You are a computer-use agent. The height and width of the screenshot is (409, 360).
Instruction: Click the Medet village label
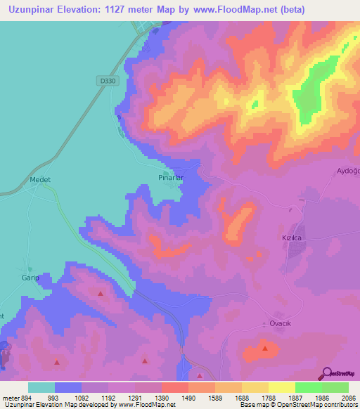[x=40, y=179]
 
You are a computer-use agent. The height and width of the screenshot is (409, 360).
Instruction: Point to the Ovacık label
[x=281, y=323]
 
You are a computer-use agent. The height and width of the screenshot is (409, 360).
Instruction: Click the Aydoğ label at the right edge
[x=348, y=171]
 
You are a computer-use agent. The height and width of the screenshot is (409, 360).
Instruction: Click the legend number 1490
[x=189, y=398]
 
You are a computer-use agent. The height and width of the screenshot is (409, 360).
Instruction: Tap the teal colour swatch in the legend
[x=41, y=387]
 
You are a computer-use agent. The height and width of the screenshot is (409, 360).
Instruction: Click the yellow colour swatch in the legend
[x=281, y=387]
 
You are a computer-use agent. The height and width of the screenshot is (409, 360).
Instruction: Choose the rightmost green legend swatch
[x=335, y=387]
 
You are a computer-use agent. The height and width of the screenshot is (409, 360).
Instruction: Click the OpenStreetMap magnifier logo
[x=326, y=373]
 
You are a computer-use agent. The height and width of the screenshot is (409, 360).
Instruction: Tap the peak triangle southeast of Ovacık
[x=265, y=348]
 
